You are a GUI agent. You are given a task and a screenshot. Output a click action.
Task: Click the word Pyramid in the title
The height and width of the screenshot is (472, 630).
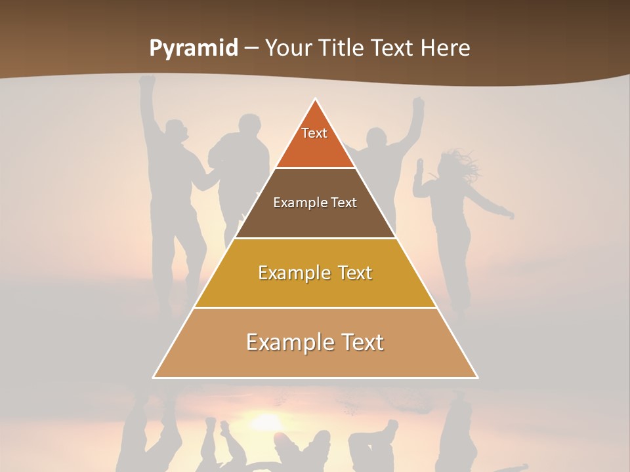[194, 49]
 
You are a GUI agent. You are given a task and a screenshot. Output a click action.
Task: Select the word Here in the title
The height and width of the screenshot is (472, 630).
[446, 49]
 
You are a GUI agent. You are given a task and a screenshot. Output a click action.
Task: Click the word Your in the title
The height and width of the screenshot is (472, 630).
[287, 49]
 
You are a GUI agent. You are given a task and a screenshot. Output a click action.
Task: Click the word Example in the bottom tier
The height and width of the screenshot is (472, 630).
[288, 342]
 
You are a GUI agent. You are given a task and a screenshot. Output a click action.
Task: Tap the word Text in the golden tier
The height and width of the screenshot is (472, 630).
[352, 273]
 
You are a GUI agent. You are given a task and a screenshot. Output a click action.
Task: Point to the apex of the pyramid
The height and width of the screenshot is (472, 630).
[316, 100]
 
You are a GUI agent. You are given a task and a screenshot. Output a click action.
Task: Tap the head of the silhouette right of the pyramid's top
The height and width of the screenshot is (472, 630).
[376, 138]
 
